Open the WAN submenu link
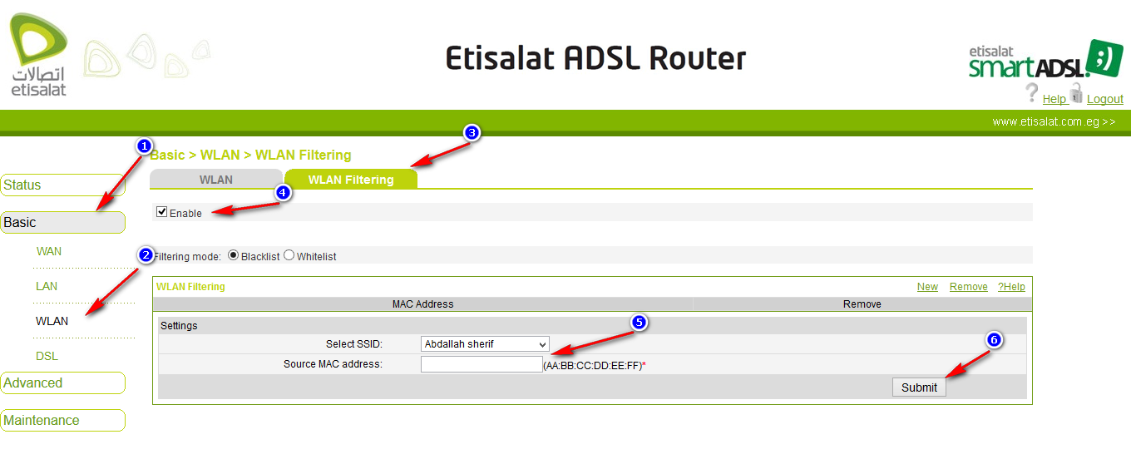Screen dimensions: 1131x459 49,251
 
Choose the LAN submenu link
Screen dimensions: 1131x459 47,286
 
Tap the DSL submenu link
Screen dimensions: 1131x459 47,356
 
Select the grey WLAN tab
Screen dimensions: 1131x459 216,180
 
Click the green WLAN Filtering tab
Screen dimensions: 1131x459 351,180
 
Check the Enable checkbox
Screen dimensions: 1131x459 162,212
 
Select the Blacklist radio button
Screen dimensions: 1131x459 233,255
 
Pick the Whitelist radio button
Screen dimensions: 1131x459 289,255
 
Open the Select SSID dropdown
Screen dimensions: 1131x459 486,344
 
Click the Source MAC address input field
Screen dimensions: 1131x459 482,364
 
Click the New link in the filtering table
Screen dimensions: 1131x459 927,287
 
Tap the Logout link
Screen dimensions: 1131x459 1104,99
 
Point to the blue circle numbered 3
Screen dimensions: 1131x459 472,133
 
